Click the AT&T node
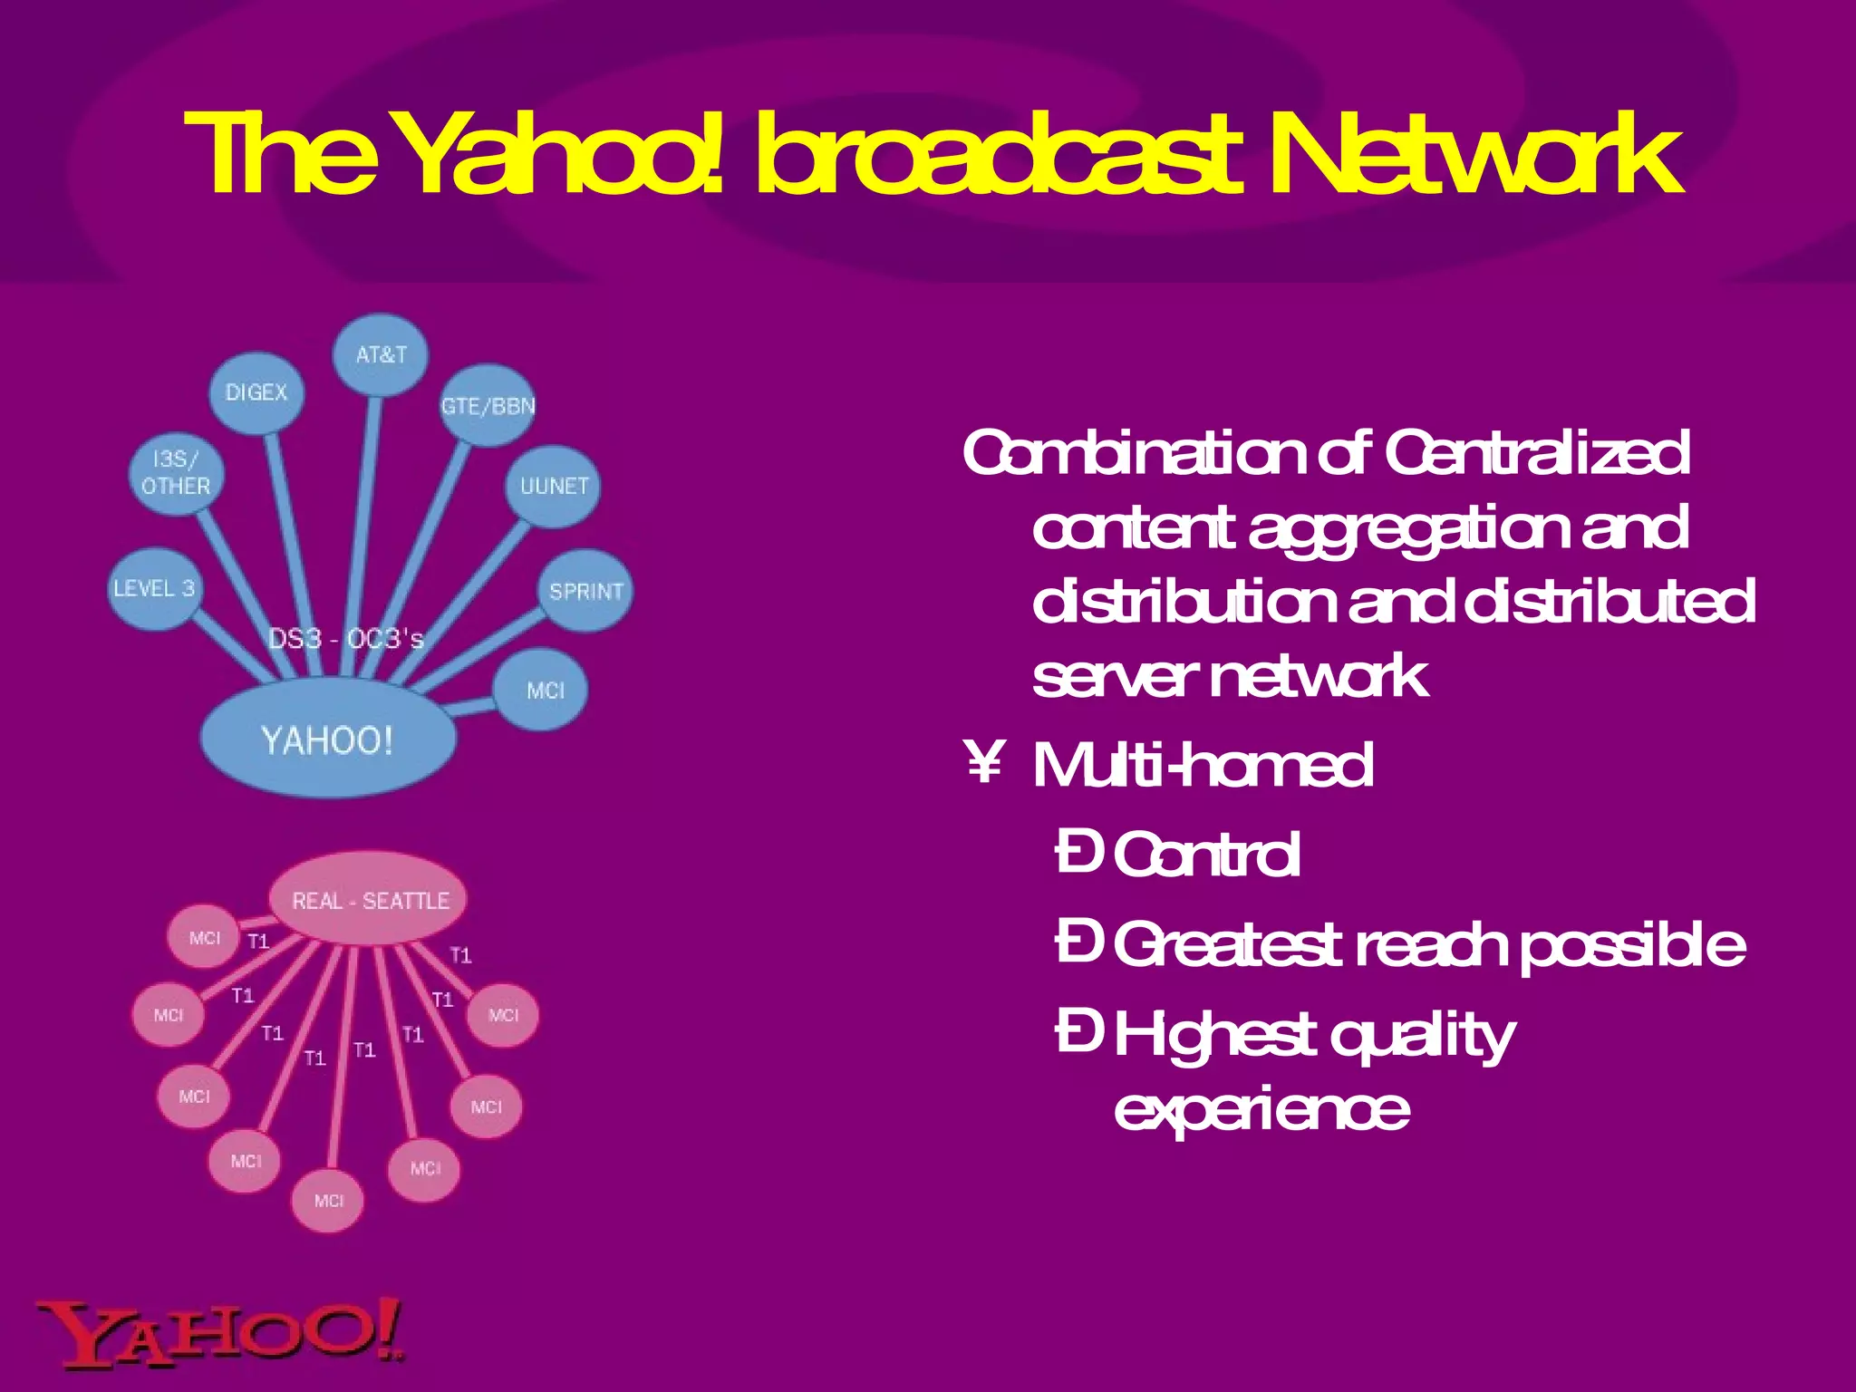tap(381, 354)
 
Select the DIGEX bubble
tap(256, 392)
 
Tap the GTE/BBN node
tap(488, 406)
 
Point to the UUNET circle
tap(554, 486)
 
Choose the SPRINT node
tap(585, 591)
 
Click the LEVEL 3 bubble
tap(155, 588)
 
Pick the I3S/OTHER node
tap(176, 473)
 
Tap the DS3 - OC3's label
tap(346, 639)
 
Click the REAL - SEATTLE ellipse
tap(370, 900)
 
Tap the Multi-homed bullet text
tap(1203, 766)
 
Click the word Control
tap(1206, 855)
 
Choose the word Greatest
tap(1227, 945)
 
